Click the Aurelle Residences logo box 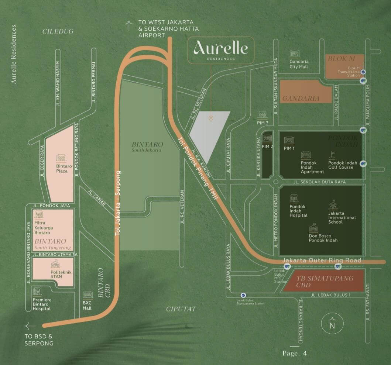220,50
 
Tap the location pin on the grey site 211,118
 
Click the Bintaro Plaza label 62,169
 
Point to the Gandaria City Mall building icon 294,54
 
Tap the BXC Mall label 87,306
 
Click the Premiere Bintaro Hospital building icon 37,291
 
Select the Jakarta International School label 342,217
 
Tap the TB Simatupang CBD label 320,281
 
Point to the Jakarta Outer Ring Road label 322,261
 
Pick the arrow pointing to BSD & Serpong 30,326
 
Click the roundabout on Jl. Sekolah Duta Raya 275,182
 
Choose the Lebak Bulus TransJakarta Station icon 243,295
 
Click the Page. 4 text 295,353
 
